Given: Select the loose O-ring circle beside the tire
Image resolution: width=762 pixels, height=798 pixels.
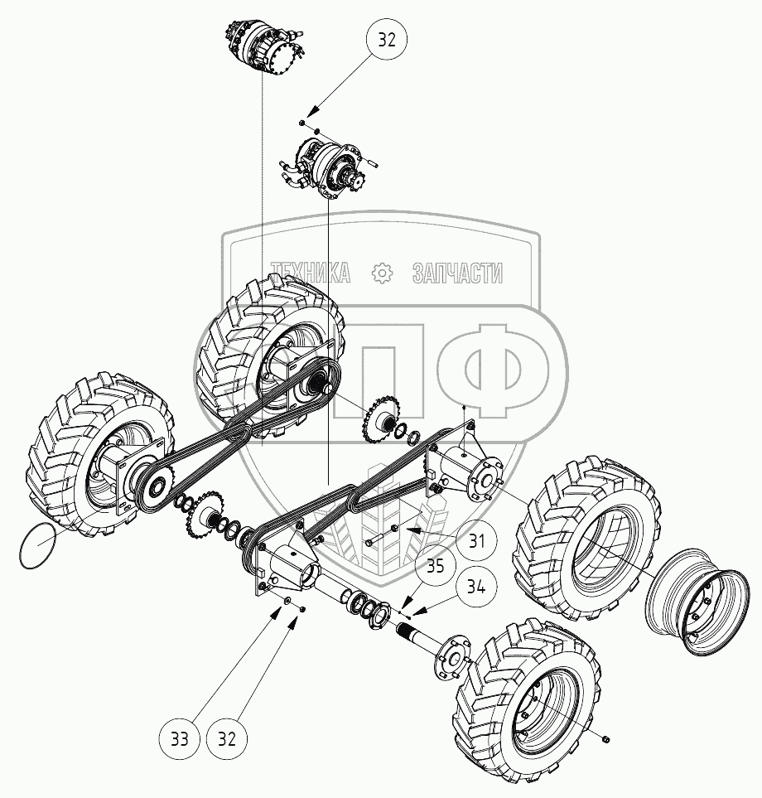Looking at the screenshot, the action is [38, 548].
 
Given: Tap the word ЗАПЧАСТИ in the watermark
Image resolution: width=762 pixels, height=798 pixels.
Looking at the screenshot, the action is [457, 273].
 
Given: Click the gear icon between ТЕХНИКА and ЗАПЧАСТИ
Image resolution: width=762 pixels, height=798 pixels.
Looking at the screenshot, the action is [382, 273].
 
